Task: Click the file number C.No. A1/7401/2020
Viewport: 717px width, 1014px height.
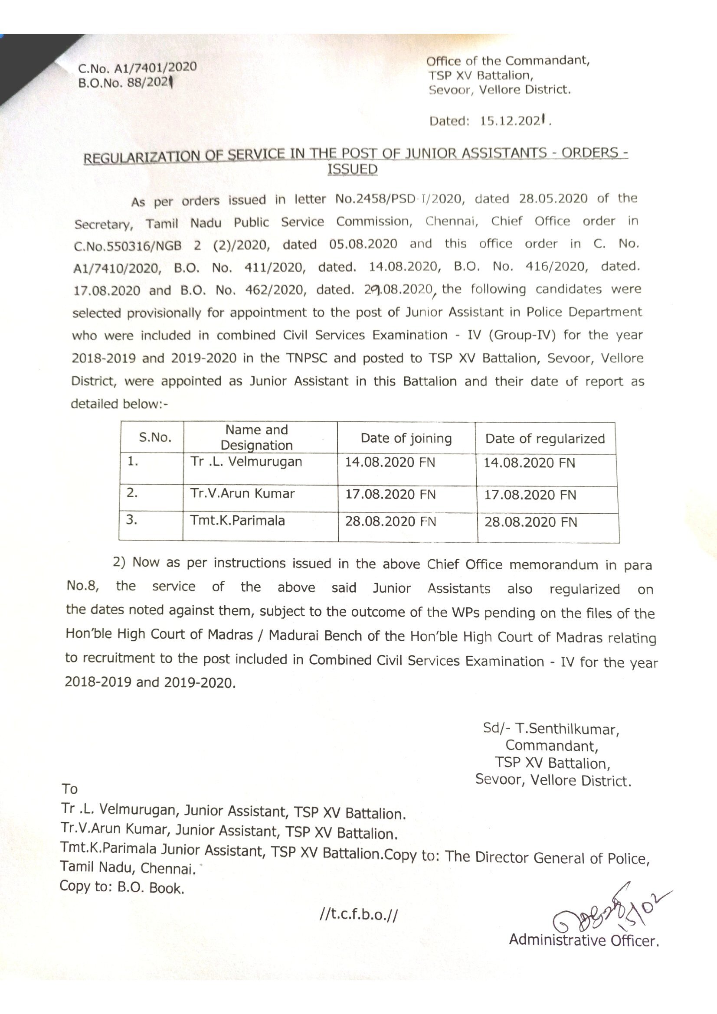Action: coord(137,68)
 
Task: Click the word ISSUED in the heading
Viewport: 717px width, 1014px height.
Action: coord(352,170)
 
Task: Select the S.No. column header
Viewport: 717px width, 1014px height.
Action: coord(154,438)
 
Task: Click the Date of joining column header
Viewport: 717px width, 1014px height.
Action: coord(406,438)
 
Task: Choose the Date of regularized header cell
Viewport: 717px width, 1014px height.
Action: coord(545,439)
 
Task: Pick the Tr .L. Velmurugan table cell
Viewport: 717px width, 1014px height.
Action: coord(246,462)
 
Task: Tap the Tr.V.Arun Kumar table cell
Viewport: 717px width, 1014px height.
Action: coord(242,493)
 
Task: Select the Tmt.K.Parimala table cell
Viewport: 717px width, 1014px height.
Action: coord(237,521)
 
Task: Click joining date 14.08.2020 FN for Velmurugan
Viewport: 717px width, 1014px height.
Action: coord(390,463)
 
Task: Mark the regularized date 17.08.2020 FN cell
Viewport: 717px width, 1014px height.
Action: coord(530,495)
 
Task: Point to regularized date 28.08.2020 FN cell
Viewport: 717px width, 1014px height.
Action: coord(530,522)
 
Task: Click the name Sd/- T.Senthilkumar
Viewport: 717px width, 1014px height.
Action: coord(551,728)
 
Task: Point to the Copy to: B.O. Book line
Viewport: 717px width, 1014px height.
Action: coord(121,887)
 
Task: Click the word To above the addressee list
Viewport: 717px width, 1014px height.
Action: coord(70,788)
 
